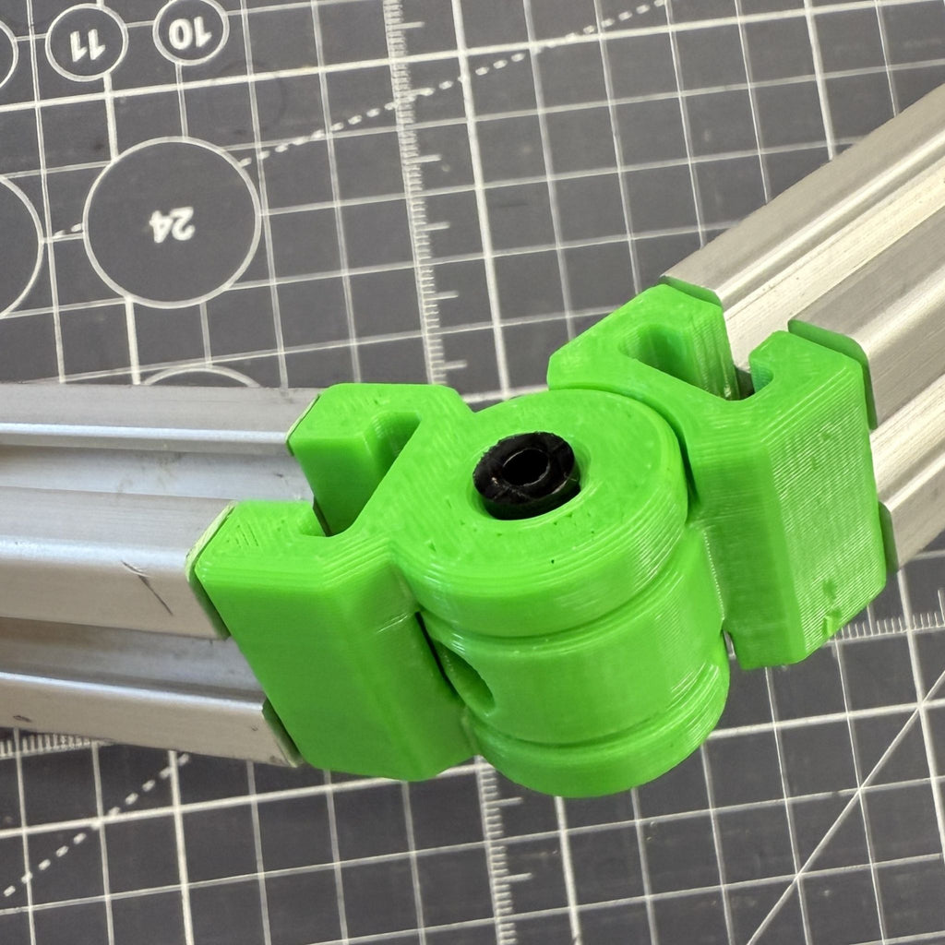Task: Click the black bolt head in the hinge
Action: [x=525, y=473]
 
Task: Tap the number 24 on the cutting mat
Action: [x=173, y=223]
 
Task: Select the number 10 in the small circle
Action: [x=190, y=33]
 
